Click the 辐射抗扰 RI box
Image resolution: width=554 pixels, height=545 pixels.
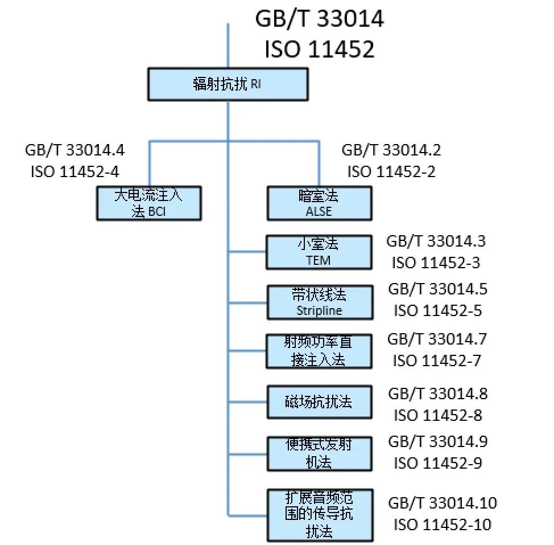(x=228, y=84)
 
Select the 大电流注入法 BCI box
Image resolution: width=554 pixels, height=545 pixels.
(x=148, y=203)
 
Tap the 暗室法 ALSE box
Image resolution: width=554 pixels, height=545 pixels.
(x=319, y=203)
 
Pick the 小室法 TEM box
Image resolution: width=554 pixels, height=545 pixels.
(x=319, y=252)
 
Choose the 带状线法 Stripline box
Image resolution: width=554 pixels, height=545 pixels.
(x=320, y=302)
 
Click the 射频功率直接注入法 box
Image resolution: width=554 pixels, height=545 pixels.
(x=319, y=351)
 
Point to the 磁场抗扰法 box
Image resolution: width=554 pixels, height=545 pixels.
(x=319, y=401)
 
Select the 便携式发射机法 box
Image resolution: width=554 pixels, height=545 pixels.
(x=319, y=453)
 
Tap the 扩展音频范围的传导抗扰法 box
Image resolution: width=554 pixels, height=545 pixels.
(x=320, y=514)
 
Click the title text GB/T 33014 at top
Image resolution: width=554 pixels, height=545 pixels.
(x=319, y=19)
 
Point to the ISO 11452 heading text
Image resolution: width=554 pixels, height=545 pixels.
(x=319, y=50)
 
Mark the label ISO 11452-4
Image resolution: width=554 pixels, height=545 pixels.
(x=75, y=171)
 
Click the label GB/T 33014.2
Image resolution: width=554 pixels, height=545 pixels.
(x=391, y=150)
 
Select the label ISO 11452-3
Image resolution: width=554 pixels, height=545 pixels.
(x=436, y=263)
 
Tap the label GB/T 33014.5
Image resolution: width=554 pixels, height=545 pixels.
(x=437, y=289)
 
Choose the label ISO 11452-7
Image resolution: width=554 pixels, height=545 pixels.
(x=436, y=360)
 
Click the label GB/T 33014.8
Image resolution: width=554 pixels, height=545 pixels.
(x=437, y=394)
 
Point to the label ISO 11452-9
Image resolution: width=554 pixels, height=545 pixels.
(x=437, y=463)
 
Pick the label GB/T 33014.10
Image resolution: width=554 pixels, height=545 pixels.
(x=442, y=503)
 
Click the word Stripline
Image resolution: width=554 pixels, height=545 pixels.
(x=319, y=311)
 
